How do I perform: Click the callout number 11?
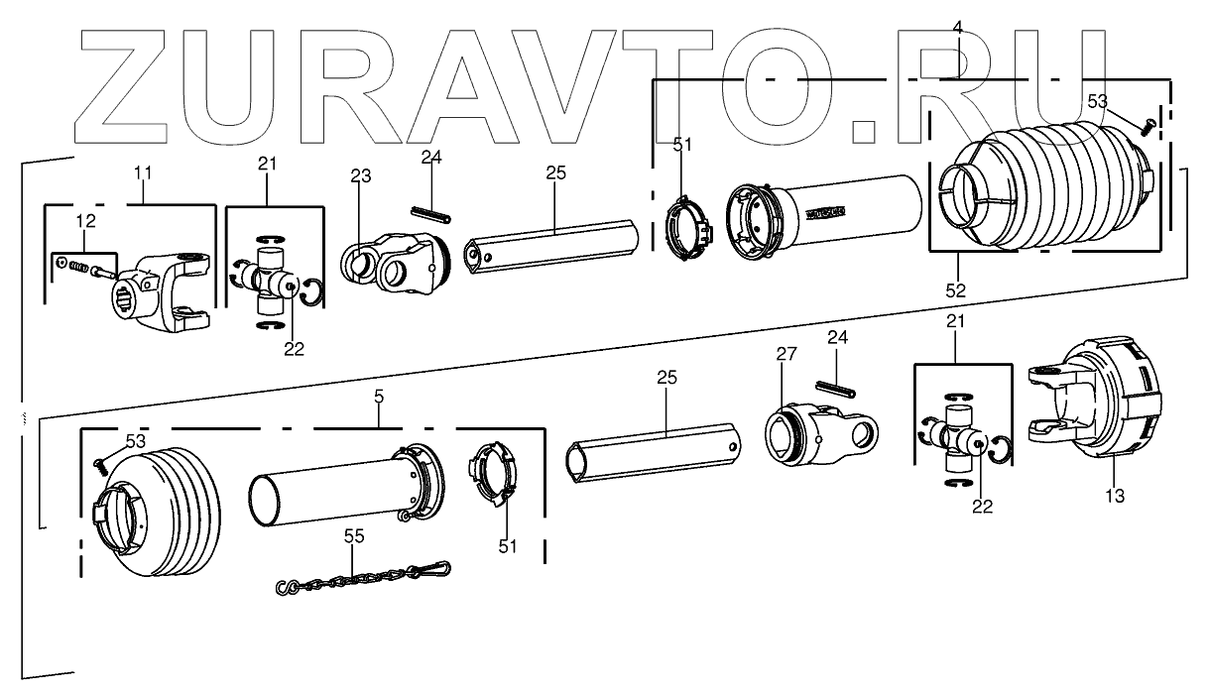[x=144, y=173]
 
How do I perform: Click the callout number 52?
[x=955, y=290]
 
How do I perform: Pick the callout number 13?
[x=1114, y=496]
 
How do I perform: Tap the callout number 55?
[x=354, y=536]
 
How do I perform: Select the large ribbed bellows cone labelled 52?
[x=1041, y=183]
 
